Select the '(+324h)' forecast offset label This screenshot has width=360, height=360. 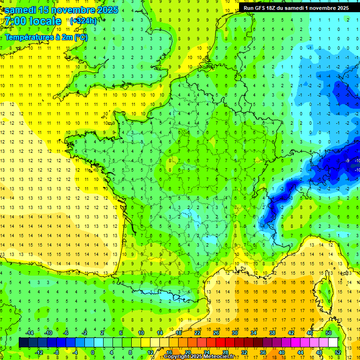(83, 21)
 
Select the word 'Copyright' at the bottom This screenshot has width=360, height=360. (177, 357)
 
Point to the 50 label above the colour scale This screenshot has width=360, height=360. (328, 333)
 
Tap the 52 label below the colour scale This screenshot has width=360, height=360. (337, 352)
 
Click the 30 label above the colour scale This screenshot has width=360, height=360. (234, 333)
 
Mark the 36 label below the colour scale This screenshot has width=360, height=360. (262, 352)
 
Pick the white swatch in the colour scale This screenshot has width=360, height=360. (333, 342)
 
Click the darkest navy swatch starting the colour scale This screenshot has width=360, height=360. (23, 342)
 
